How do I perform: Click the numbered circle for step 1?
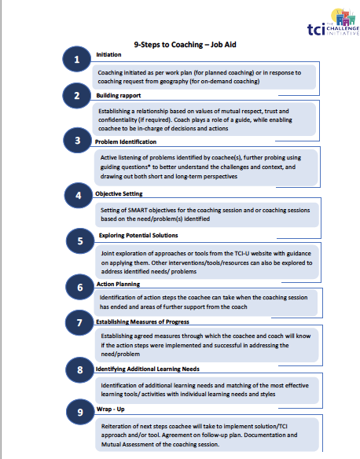pyautogui.click(x=75, y=60)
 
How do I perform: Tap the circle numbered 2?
pyautogui.click(x=75, y=97)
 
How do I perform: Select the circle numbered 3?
pyautogui.click(x=76, y=142)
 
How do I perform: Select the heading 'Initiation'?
pyautogui.click(x=108, y=54)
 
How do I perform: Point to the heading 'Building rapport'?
pyautogui.click(x=118, y=95)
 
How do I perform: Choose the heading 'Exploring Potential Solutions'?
pyautogui.click(x=138, y=235)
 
